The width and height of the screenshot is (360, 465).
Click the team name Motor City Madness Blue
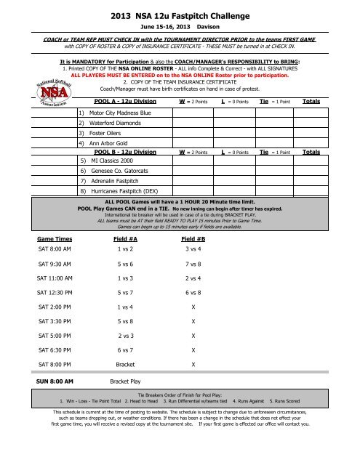point(120,113)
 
